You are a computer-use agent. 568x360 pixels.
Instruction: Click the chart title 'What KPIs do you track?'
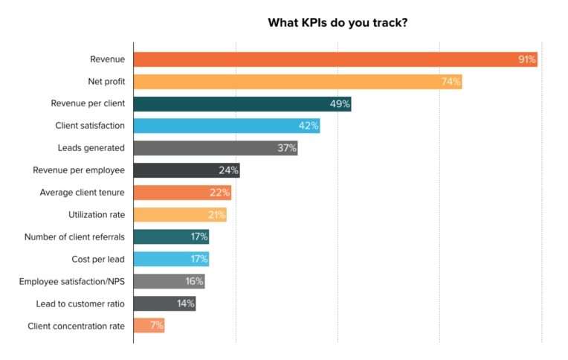point(337,22)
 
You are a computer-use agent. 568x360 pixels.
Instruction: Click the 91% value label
point(526,60)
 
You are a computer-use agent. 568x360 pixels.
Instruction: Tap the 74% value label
point(451,82)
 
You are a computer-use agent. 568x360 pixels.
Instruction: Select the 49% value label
point(340,104)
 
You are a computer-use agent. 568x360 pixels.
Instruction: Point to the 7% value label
point(156,326)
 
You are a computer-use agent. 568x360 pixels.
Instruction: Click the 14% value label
point(185,303)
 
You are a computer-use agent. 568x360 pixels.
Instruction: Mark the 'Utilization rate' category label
point(96,215)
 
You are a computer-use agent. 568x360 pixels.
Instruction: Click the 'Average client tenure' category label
point(82,193)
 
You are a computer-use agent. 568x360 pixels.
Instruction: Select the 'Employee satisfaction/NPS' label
point(71,281)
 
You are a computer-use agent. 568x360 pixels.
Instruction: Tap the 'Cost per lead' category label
point(98,260)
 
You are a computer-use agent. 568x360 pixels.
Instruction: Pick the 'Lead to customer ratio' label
point(80,303)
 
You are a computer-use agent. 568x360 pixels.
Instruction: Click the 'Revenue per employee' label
point(78,170)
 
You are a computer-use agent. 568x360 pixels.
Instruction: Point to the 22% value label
point(220,193)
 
